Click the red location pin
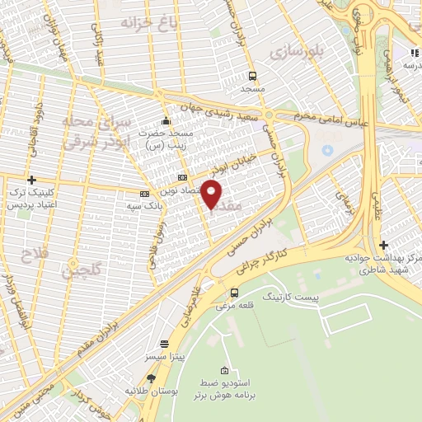point(212,194)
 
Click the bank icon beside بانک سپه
point(144,195)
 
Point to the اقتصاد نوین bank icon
point(182,178)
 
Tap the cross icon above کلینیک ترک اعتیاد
point(32,180)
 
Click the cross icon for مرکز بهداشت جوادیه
point(383,245)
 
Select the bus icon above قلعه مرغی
point(234,292)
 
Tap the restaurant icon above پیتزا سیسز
point(164,343)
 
